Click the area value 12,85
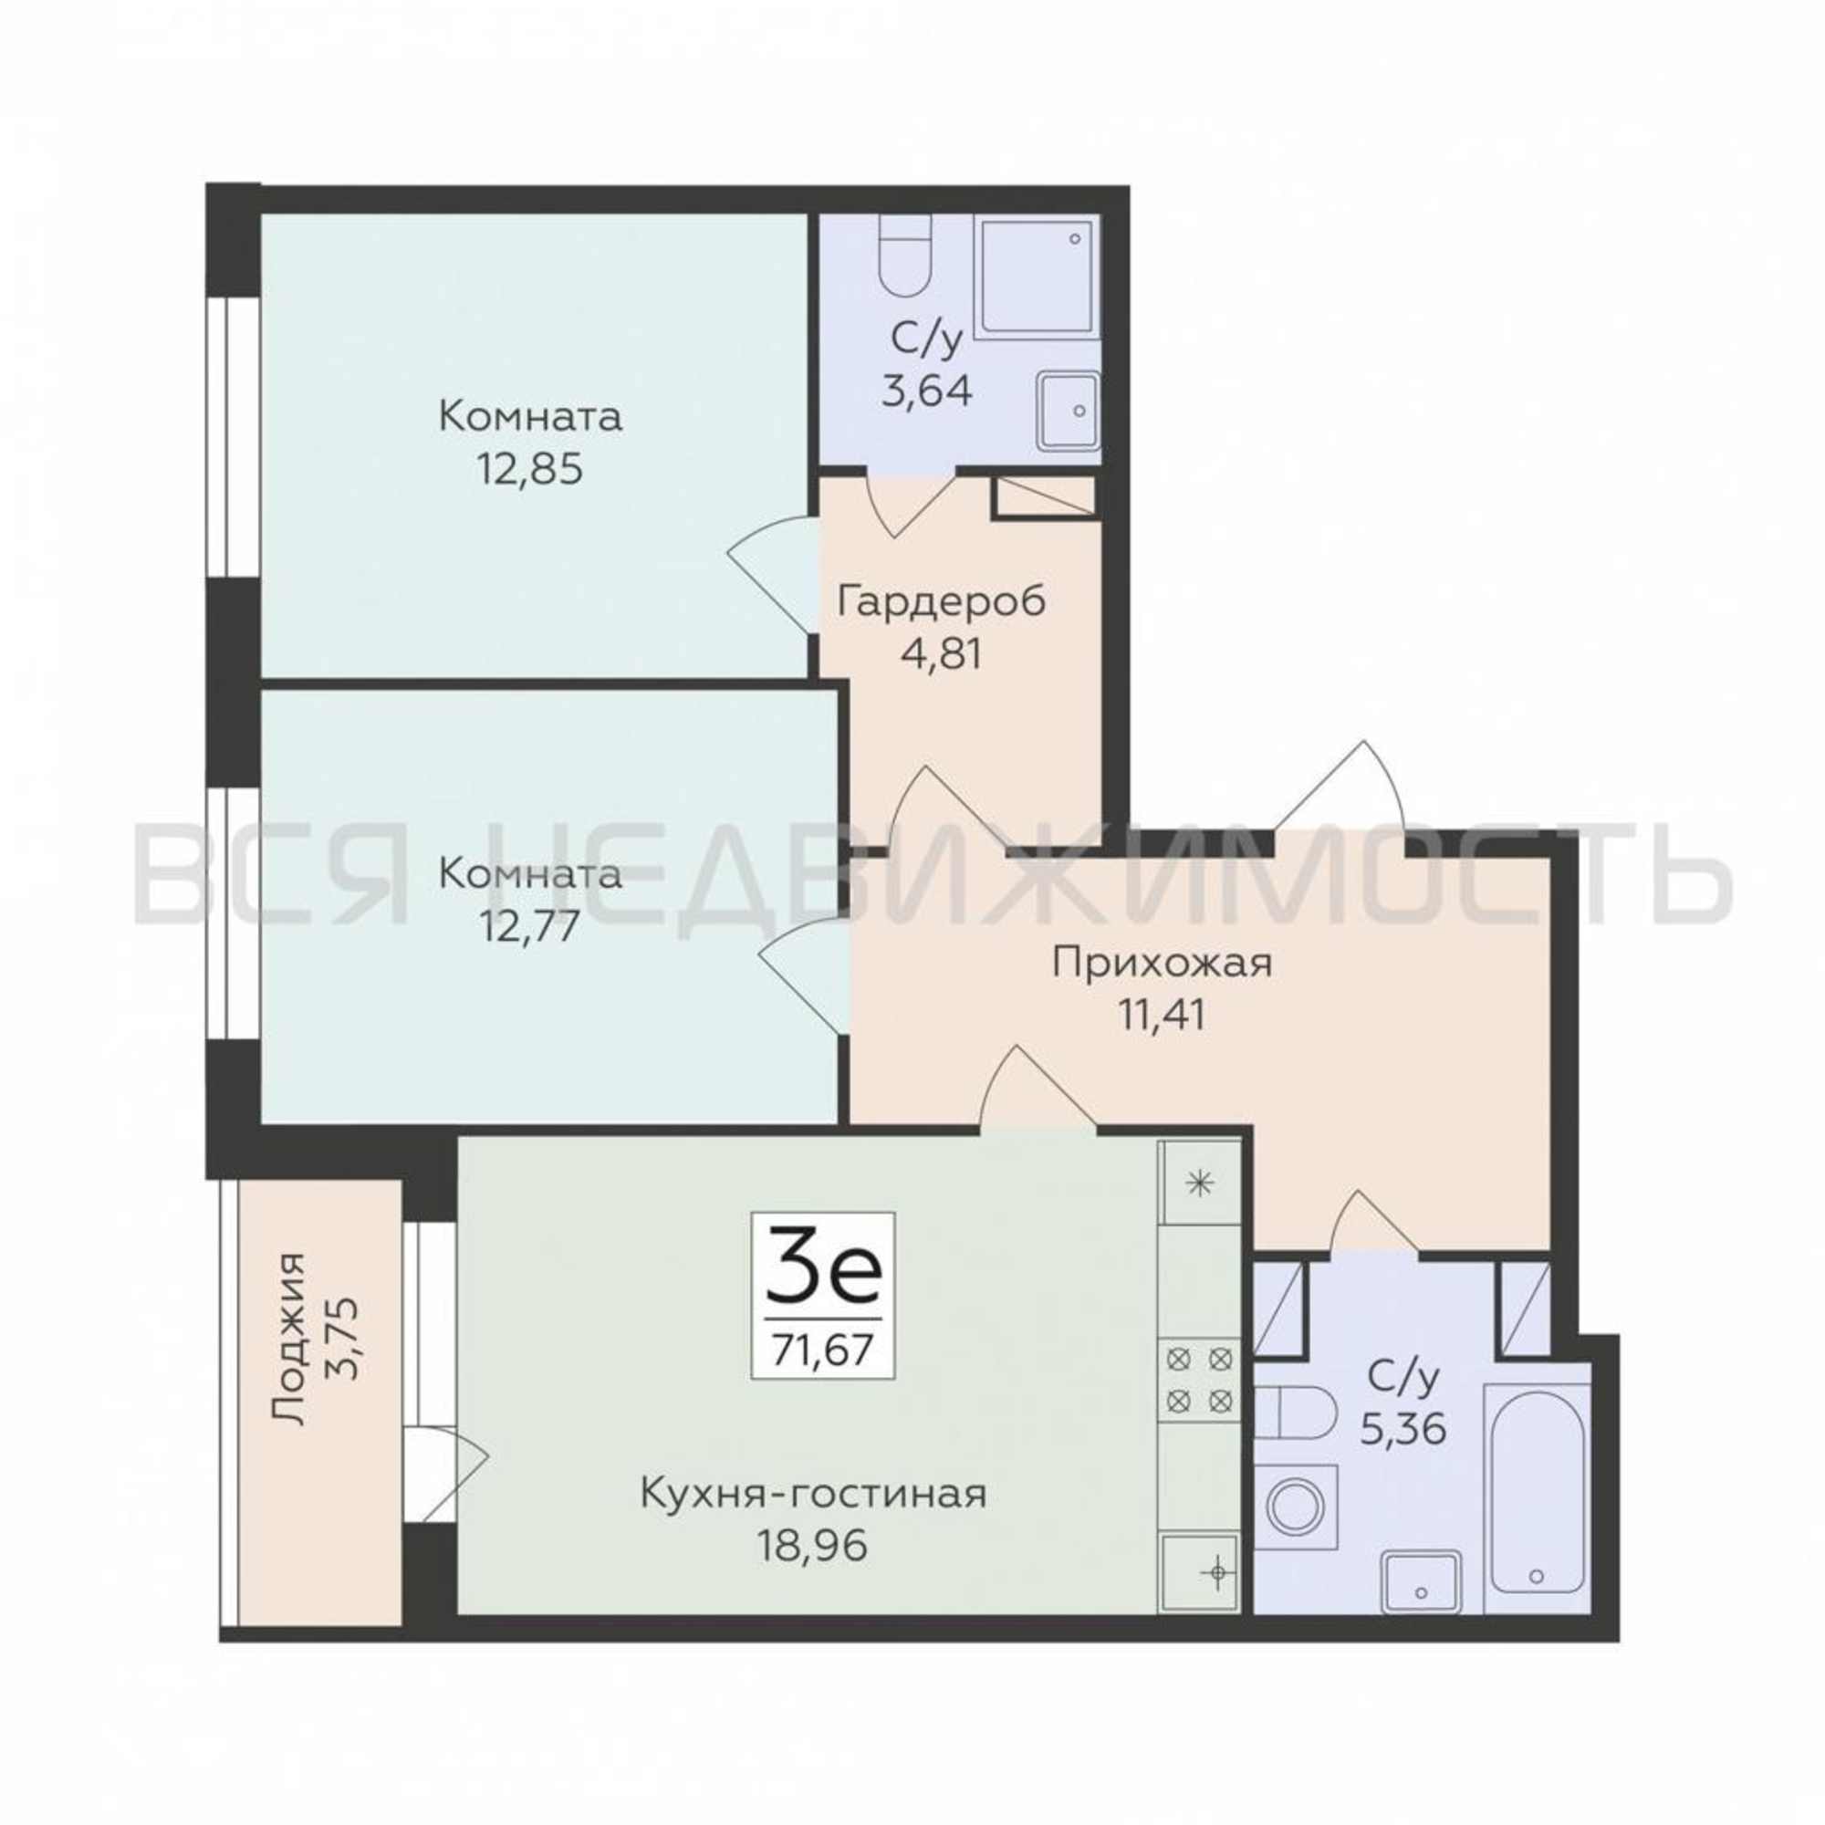[529, 468]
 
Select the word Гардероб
[943, 601]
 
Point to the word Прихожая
[1163, 965]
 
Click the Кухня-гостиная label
[814, 1495]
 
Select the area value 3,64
[927, 391]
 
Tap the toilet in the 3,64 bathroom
[905, 256]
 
